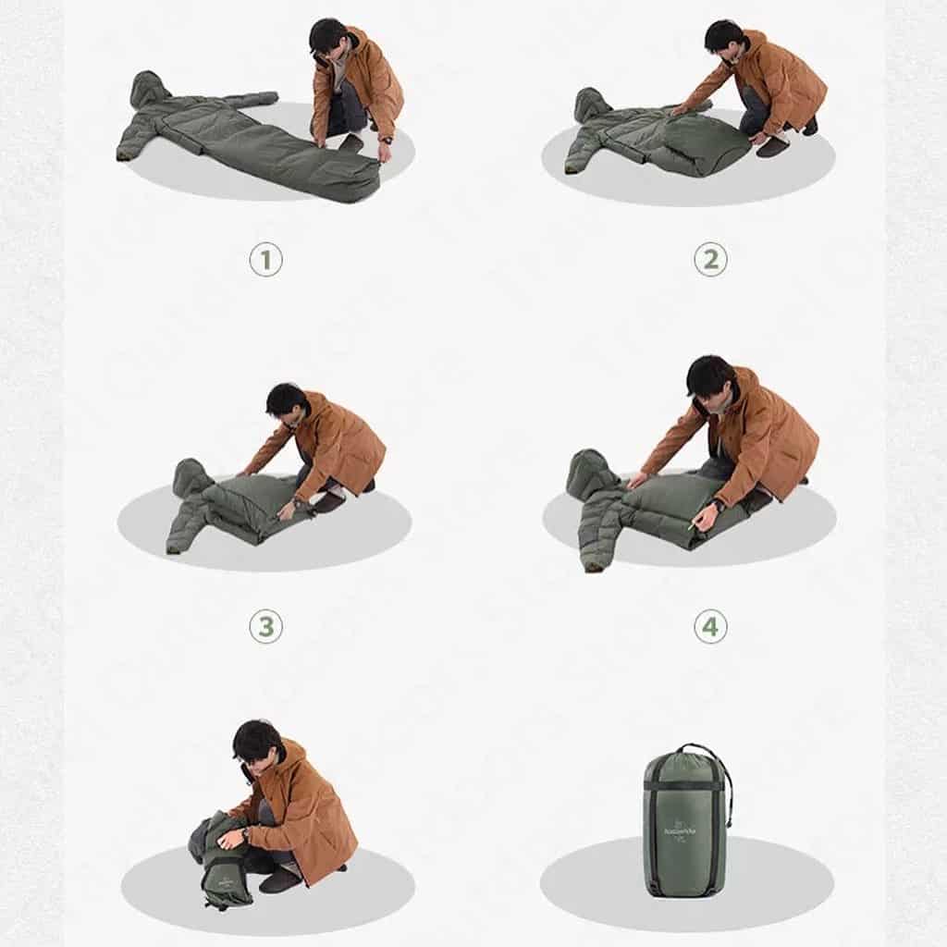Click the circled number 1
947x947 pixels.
pos(265,260)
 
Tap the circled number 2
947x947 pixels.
pos(709,260)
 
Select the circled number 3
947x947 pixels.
pos(265,627)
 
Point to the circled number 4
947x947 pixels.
pos(709,627)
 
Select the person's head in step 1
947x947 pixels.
pos(329,39)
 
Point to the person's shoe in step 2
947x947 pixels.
pos(772,146)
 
